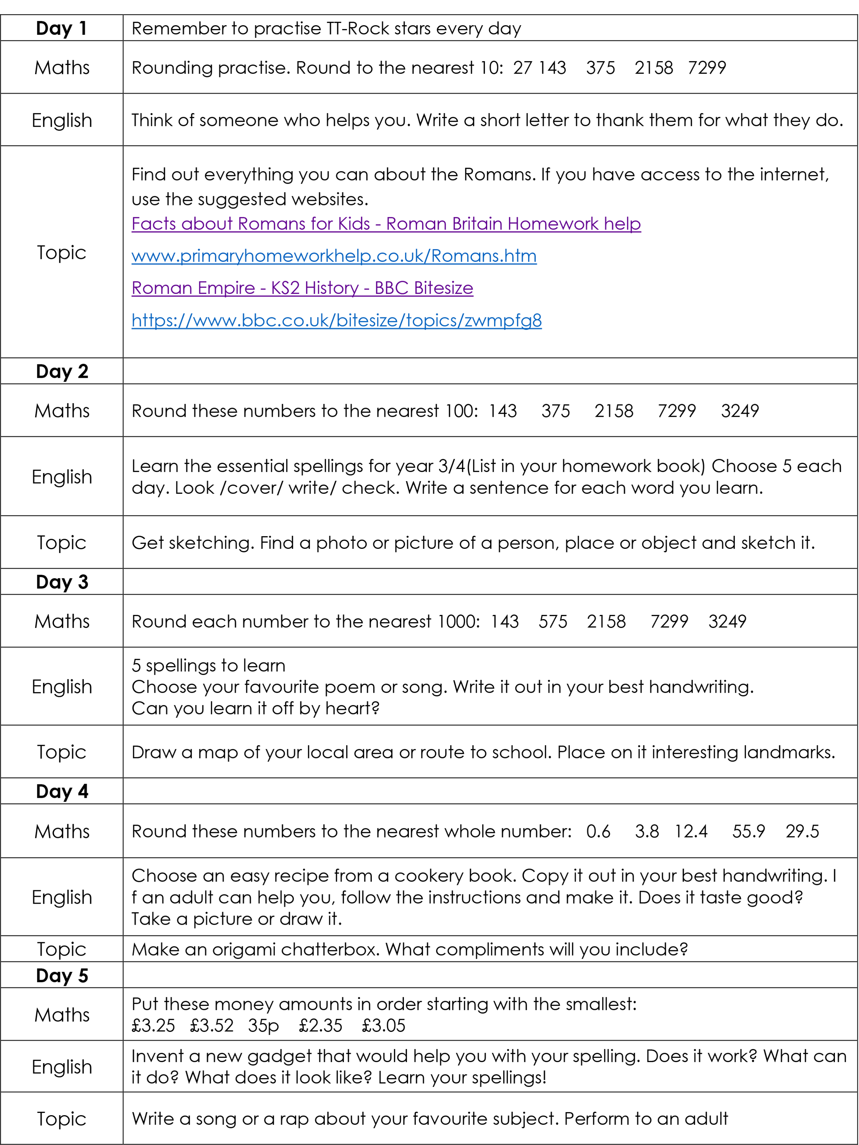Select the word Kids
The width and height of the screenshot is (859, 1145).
point(354,224)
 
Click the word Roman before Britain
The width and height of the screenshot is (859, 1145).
point(417,224)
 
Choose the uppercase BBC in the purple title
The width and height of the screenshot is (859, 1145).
point(391,288)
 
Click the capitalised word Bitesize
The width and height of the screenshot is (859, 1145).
point(444,288)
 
